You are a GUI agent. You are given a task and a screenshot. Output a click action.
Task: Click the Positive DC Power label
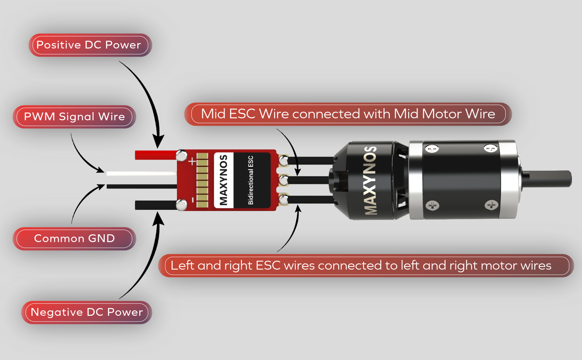[x=89, y=45]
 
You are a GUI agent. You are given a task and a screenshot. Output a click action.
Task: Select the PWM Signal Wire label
[x=74, y=117]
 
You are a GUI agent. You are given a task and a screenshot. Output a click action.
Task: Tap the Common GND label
[x=74, y=239]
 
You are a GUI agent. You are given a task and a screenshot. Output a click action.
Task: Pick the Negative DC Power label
[x=87, y=312]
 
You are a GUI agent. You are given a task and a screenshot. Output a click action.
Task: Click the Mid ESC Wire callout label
[x=348, y=114]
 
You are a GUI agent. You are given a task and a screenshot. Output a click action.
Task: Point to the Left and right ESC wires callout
[x=361, y=266]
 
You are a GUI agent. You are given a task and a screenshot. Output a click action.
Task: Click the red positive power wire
[x=155, y=155]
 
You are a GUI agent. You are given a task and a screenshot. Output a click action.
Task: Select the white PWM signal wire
[x=140, y=174]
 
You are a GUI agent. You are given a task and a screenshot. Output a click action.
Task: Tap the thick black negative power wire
[x=155, y=205]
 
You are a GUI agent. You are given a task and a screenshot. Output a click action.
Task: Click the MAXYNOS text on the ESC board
[x=223, y=180]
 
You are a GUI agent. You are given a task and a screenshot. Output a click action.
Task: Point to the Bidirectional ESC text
[x=251, y=180]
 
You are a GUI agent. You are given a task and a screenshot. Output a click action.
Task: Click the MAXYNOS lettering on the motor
[x=371, y=180]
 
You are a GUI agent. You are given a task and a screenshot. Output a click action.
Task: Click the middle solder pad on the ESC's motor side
[x=284, y=180]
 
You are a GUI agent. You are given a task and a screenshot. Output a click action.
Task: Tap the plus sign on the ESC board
[x=192, y=161]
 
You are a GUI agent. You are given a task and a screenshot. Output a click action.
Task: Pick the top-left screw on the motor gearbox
[x=432, y=149]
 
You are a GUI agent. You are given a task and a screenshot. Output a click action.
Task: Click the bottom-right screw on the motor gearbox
[x=491, y=205]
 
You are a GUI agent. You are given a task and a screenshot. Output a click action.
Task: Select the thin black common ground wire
[x=140, y=187]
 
